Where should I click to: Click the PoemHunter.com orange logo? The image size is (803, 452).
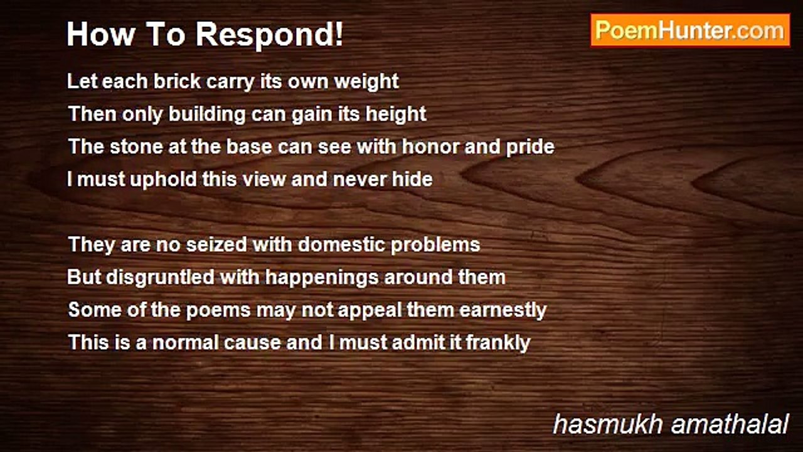coord(690,31)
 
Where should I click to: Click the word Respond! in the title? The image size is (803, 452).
coord(269,35)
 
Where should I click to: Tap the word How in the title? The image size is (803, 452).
coord(101,34)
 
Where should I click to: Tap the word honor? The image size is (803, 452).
coord(430,146)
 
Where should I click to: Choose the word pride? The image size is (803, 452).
coord(530,147)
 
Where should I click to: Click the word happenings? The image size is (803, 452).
coord(322,278)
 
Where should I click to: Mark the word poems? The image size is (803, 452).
coord(218,311)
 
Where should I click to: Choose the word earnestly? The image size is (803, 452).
coord(503,311)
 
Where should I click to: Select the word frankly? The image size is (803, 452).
coord(498,343)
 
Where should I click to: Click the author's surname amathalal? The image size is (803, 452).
coord(730,424)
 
